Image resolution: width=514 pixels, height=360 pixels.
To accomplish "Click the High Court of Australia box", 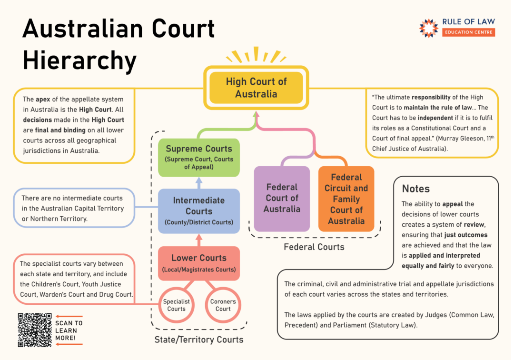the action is [x=256, y=88].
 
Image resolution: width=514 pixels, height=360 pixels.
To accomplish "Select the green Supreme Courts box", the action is [x=198, y=158].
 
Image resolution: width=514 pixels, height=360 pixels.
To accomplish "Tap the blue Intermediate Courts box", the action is [x=198, y=211].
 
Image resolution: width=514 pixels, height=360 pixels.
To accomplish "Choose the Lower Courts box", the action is [x=198, y=263].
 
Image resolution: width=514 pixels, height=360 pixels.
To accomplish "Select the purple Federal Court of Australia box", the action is [x=282, y=199].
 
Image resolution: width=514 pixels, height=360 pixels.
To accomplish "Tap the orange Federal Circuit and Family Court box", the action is [x=346, y=199].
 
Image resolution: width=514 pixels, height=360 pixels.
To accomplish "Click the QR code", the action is [x=35, y=330].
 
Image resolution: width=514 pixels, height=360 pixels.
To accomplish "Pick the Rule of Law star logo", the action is [x=428, y=28].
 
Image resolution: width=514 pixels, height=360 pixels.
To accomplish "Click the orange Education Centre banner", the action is [x=468, y=32].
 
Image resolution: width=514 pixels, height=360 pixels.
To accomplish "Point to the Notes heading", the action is [x=415, y=189].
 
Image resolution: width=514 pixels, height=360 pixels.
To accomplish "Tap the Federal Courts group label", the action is [x=314, y=247].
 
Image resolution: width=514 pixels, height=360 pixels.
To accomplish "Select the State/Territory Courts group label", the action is [x=198, y=340].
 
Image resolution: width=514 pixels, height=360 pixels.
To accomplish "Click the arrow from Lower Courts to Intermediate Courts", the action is [x=198, y=240].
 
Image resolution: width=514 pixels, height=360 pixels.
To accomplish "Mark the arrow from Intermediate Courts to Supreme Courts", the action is [x=198, y=183].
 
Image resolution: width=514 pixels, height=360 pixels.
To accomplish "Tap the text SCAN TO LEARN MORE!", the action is [x=69, y=330].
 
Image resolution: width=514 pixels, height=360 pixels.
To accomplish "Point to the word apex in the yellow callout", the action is [x=43, y=100].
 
